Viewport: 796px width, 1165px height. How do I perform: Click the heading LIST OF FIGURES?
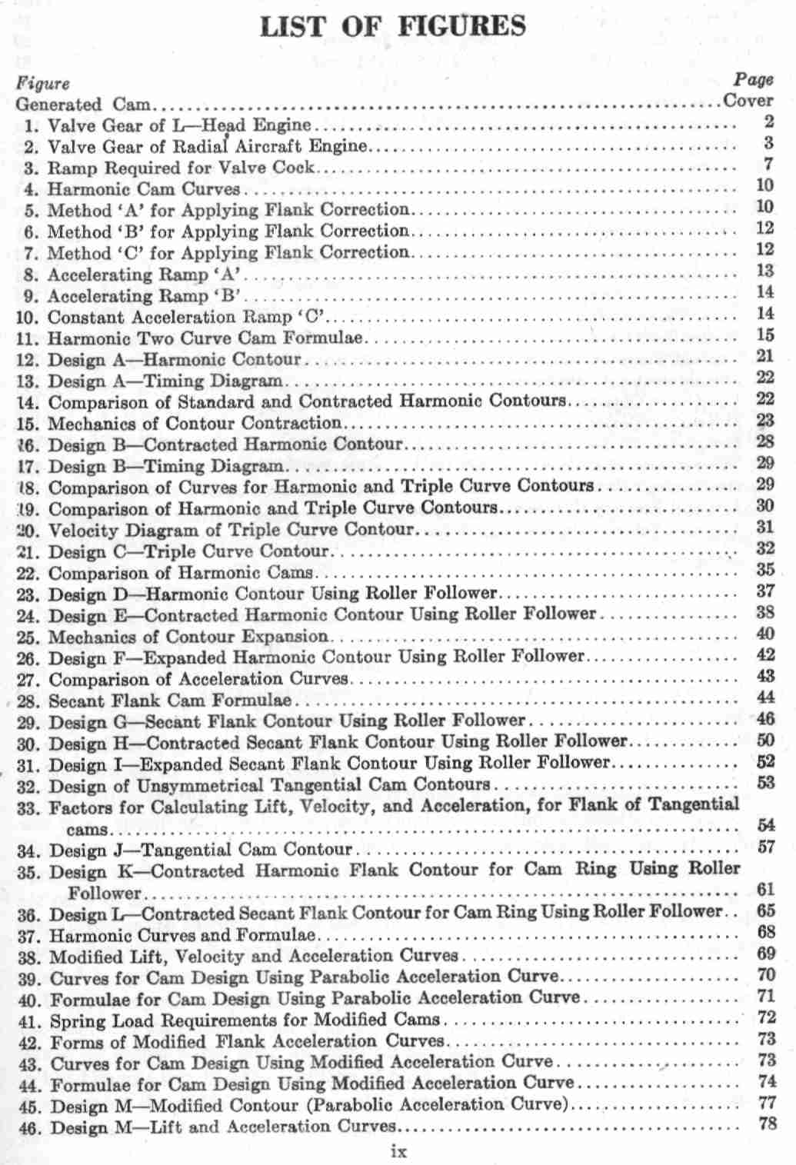pos(393,26)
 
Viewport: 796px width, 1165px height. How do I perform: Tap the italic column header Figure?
pos(43,83)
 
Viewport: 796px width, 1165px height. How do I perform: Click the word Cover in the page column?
pos(748,101)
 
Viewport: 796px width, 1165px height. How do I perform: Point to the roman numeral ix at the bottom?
pos(398,1151)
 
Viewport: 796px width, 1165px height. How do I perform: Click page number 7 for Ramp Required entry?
pos(768,164)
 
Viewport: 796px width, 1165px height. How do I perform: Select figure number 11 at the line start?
pos(27,338)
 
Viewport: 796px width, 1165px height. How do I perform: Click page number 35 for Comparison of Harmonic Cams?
pos(764,570)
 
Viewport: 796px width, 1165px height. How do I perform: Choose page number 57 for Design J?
pos(765,847)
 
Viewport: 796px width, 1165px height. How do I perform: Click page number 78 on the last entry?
pos(767,1123)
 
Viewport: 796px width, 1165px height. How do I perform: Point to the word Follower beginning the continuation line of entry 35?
pos(105,894)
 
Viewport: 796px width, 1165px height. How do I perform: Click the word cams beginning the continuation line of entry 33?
pos(87,830)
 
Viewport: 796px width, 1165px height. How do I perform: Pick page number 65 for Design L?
pos(765,910)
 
